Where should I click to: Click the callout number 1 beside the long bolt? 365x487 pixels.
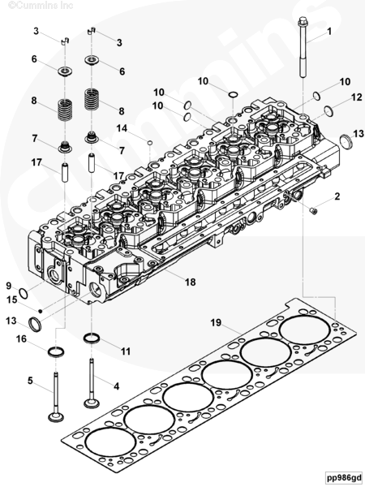point(329,32)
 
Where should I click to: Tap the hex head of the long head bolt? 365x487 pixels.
point(303,22)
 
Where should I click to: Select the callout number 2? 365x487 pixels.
point(337,196)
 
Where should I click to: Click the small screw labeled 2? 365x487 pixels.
point(314,212)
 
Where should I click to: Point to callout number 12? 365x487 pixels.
point(357,97)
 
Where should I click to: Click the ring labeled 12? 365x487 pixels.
point(328,111)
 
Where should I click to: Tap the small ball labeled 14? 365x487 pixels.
point(149,143)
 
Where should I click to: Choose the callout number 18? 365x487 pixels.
point(191,282)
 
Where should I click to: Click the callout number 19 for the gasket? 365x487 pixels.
point(216,323)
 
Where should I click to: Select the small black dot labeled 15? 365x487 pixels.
point(40,311)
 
